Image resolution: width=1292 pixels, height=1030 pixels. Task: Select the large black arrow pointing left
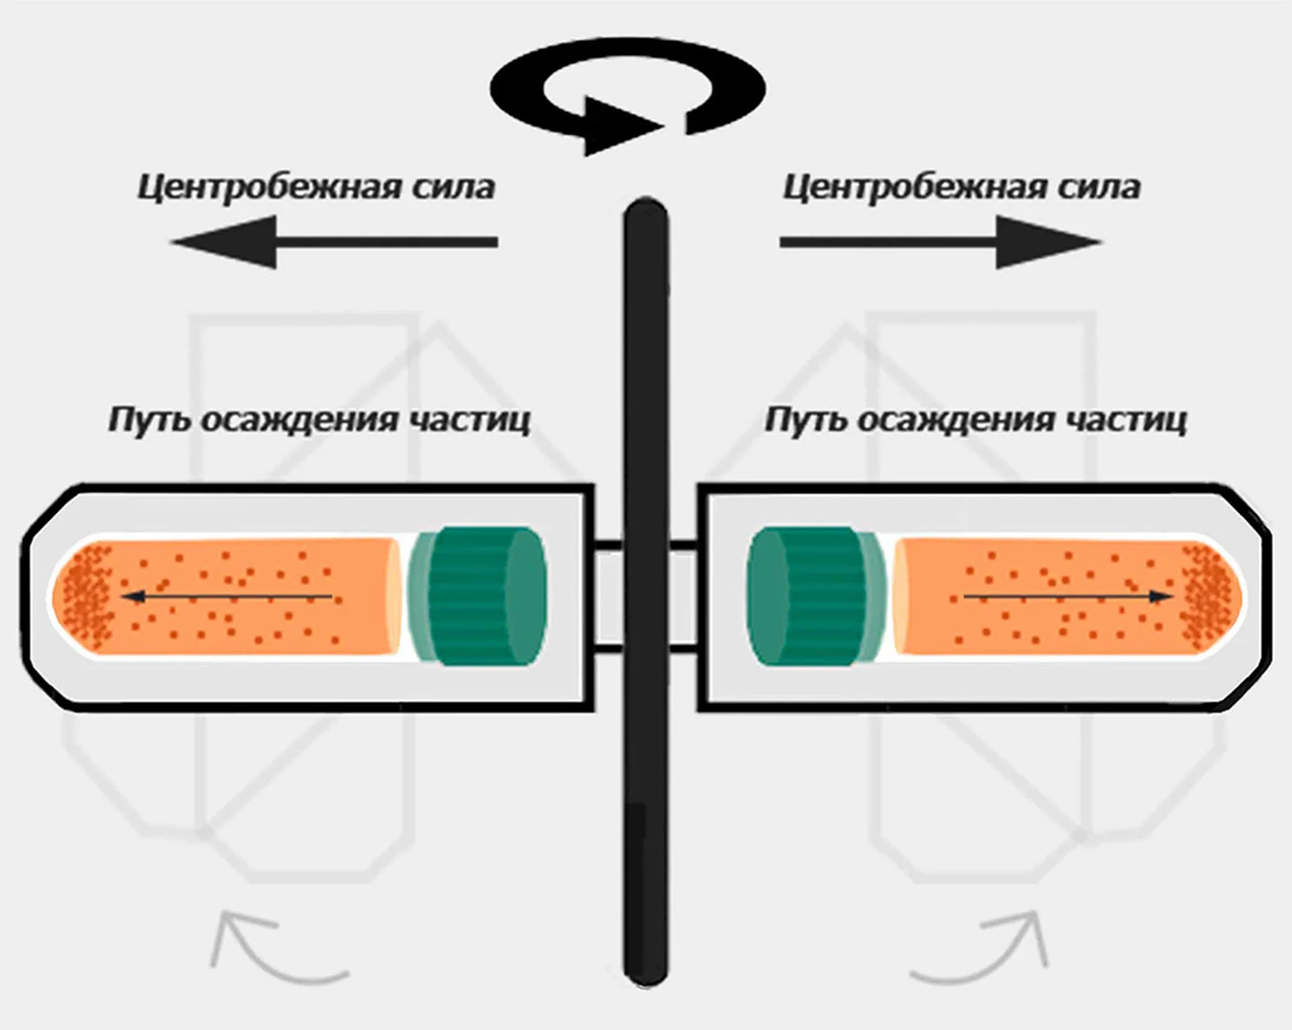(334, 242)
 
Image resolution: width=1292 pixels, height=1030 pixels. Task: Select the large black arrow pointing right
(941, 242)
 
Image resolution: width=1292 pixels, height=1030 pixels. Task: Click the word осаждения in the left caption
(299, 420)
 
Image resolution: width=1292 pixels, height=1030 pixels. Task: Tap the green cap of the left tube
(478, 597)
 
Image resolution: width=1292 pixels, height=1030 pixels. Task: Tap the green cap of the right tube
(816, 597)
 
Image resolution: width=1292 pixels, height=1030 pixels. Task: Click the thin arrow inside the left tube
(227, 597)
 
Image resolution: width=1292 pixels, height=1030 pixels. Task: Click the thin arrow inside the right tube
(1069, 597)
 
